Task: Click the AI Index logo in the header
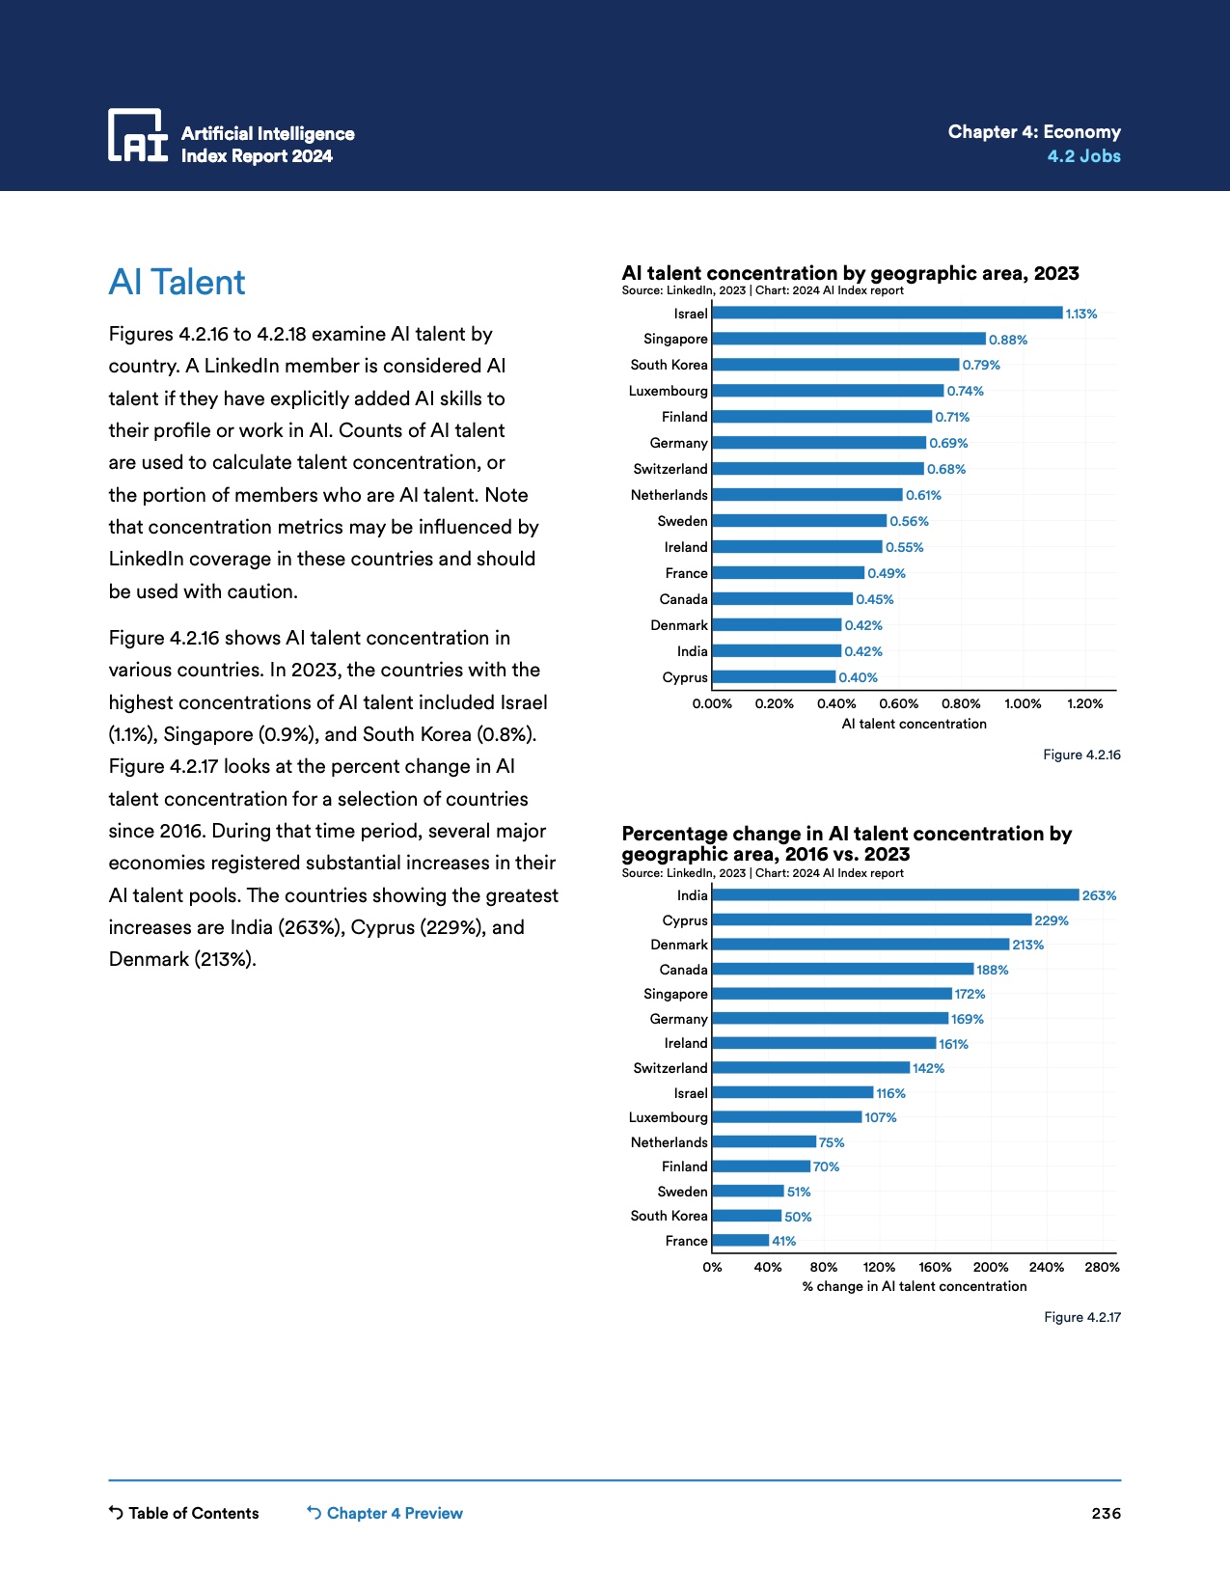[138, 135]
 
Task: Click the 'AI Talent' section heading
[178, 283]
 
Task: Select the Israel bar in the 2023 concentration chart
[887, 313]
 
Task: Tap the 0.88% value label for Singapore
[1008, 340]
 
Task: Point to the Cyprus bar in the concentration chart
[774, 677]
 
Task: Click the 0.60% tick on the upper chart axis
[899, 704]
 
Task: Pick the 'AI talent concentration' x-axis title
[914, 724]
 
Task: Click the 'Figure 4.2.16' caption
[1081, 755]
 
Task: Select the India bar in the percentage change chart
[895, 895]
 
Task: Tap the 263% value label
[1099, 896]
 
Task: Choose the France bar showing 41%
[740, 1241]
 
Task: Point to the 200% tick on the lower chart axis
[991, 1267]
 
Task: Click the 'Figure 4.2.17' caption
[1082, 1317]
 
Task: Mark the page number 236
[1106, 1513]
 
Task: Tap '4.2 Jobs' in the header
[1083, 156]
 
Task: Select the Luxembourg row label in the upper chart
[668, 391]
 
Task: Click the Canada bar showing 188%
[842, 969]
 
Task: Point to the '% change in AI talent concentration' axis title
[914, 1286]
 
